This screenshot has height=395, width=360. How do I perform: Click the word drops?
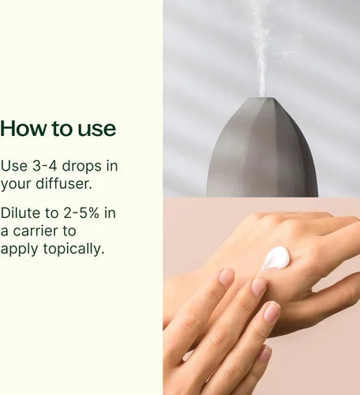coord(81,167)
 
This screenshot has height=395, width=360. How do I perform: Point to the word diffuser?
coord(64,183)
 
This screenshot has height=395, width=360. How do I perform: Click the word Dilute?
coord(21,213)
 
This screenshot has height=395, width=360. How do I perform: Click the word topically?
coord(73,250)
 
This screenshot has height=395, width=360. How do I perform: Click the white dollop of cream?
coord(276,258)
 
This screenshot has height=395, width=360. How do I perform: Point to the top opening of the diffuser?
coord(262,99)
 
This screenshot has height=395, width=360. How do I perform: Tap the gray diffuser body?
coord(262,152)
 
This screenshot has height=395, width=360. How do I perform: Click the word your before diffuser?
coord(16,185)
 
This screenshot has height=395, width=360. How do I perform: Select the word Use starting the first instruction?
coord(14,166)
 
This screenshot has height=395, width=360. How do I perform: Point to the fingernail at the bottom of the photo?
coord(264,354)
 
